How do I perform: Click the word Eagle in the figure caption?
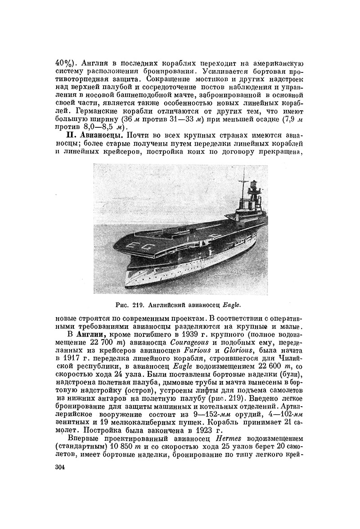232,304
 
